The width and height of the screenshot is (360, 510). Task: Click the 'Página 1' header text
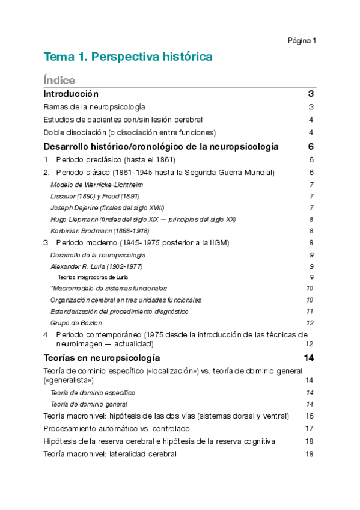point(302,40)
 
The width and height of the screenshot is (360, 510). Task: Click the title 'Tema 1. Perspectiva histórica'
point(127,57)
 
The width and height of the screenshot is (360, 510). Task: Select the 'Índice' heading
point(59,81)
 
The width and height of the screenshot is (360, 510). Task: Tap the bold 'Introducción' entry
point(71,94)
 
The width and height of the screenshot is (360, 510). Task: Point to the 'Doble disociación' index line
point(129,132)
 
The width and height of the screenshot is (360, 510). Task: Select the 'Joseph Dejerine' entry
point(107,207)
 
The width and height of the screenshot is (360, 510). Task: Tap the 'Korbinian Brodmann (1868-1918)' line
point(100,230)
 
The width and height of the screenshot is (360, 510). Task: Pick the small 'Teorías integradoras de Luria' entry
point(93,277)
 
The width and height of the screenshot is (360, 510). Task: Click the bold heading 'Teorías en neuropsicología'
point(97,358)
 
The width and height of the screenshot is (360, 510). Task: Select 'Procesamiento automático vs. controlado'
point(117,429)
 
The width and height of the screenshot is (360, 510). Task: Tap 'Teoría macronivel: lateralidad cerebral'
point(110,454)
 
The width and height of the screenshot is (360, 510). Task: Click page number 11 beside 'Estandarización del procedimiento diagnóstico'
point(310,312)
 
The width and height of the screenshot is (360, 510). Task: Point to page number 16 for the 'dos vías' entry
point(310,416)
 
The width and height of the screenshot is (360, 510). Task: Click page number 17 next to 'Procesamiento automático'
point(310,429)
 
